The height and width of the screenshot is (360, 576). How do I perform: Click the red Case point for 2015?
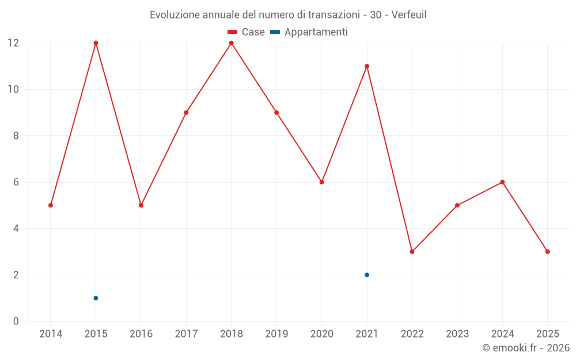click(96, 43)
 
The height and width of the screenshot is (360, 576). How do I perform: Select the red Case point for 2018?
click(231, 43)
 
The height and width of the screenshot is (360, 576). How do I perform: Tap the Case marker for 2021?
click(367, 66)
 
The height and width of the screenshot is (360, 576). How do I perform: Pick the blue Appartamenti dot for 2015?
click(96, 298)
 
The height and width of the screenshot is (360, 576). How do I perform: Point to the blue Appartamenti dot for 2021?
click(367, 275)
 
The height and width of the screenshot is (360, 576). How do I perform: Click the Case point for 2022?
click(412, 252)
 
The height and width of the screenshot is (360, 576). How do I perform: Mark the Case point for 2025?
click(547, 252)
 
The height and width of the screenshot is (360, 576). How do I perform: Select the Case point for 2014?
click(51, 205)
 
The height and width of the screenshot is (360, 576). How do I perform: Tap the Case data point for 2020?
click(321, 182)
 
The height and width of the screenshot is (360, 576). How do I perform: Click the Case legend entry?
click(247, 32)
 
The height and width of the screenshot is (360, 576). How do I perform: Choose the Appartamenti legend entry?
click(309, 32)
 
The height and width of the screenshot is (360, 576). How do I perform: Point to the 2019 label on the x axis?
click(276, 334)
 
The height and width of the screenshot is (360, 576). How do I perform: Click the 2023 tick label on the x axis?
click(457, 334)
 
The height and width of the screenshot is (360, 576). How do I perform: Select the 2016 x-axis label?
click(141, 334)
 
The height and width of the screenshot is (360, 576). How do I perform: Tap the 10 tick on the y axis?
click(13, 89)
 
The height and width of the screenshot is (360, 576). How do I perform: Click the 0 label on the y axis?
click(16, 321)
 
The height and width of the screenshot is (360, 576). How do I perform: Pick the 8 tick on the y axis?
click(16, 136)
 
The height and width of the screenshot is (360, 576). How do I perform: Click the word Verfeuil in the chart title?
click(409, 14)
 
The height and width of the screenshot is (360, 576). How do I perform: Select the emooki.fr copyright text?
click(526, 348)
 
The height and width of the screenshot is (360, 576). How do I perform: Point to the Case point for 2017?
click(186, 113)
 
